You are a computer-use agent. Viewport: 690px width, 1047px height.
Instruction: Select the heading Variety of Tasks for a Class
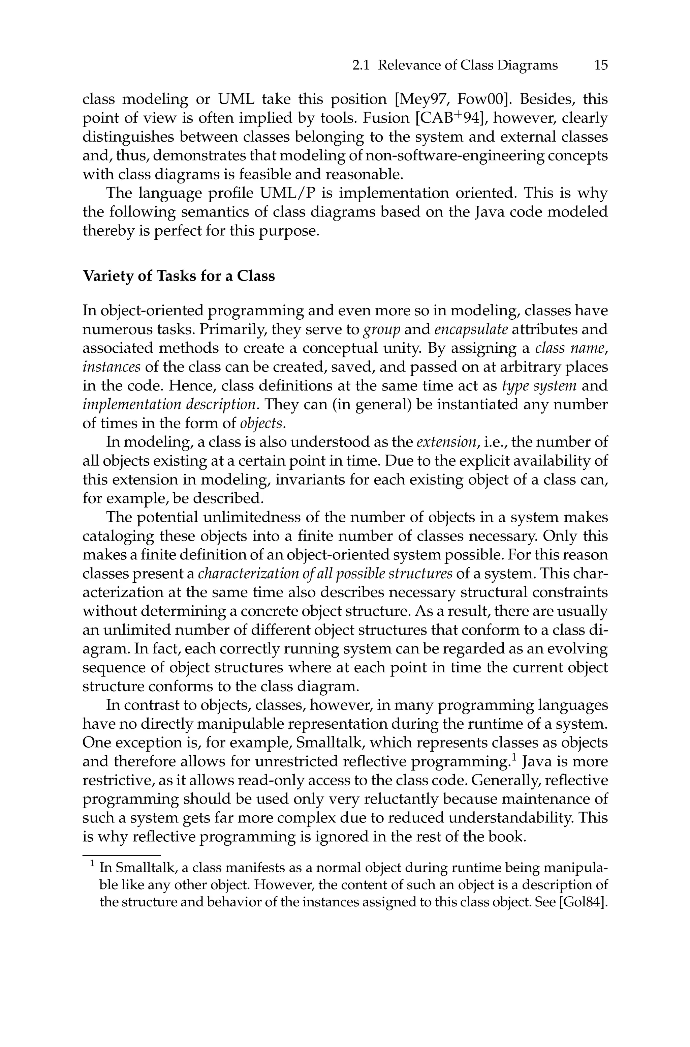(179, 276)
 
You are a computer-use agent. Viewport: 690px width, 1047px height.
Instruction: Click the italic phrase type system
(539, 386)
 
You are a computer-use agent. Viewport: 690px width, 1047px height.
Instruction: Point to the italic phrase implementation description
(169, 405)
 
